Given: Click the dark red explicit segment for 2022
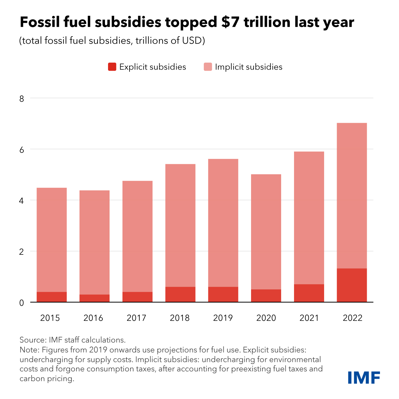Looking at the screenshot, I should pos(352,285).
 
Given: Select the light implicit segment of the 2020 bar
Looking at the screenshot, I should pos(266,232).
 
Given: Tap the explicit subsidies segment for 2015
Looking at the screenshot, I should pos(52,297).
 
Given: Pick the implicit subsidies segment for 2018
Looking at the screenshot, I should pos(180,225).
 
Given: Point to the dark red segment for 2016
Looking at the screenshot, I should pos(95,298).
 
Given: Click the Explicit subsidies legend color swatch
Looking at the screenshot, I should pos(112,67).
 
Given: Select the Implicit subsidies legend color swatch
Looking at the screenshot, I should pos(208,67).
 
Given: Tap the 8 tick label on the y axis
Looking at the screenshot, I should pos(21,99).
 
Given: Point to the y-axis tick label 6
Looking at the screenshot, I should pos(21,149).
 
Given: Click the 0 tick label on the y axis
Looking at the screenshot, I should pos(21,303).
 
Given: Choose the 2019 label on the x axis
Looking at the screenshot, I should pos(223,318).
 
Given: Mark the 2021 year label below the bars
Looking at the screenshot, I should pos(309,318).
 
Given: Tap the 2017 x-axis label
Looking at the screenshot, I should pos(136,318).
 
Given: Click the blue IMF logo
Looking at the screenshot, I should pos(364,377).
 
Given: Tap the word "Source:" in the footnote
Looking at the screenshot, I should pos(33,340).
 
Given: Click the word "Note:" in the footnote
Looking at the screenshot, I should pos(29,350).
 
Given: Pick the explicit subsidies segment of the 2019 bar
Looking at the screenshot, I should pos(223,294).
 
